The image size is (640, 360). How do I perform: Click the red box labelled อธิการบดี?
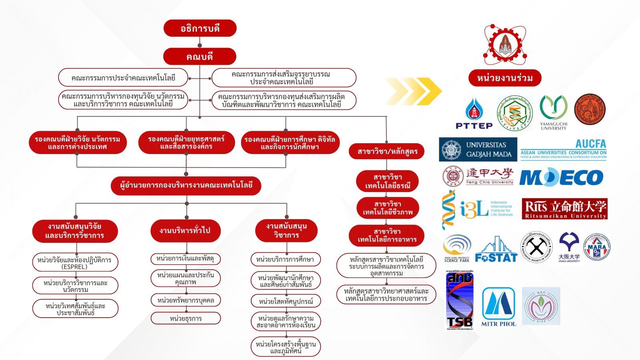tap(200, 28)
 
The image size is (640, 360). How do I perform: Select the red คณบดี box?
tap(200, 56)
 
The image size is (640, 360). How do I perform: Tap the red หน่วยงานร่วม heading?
tap(505, 78)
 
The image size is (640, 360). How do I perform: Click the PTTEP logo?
tap(474, 114)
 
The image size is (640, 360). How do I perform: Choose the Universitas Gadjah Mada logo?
tap(478, 149)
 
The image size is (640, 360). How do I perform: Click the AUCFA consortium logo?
tap(564, 149)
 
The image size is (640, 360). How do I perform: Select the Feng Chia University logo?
tap(478, 176)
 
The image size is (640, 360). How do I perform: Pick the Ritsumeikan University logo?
tap(564, 209)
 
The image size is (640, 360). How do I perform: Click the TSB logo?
tap(460, 300)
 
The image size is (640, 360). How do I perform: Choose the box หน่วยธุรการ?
tap(186, 318)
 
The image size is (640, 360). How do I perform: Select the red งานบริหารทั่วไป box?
tap(185, 230)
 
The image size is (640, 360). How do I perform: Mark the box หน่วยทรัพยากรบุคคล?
tap(186, 300)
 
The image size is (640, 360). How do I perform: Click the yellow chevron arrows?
tap(414, 92)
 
